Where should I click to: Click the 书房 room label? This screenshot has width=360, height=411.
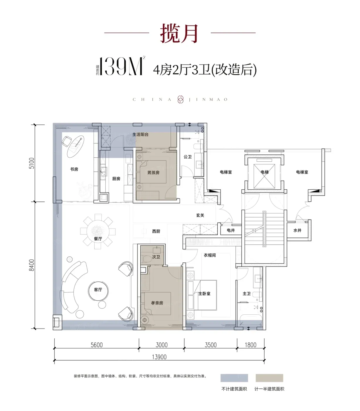[74, 169]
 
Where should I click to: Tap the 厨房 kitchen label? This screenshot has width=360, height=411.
[116, 179]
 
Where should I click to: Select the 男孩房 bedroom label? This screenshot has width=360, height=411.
[153, 173]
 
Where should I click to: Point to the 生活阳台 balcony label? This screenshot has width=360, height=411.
[140, 134]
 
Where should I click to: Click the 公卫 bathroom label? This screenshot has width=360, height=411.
[188, 157]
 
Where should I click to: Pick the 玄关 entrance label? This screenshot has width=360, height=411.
[200, 215]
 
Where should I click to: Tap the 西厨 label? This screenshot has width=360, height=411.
[156, 231]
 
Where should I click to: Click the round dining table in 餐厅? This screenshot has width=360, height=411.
[98, 231]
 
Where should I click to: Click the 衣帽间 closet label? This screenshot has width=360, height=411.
[210, 255]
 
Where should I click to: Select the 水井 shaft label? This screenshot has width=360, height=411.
[297, 230]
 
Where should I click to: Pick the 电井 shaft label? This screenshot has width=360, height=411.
[231, 230]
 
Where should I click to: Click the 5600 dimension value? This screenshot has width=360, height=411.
[97, 345]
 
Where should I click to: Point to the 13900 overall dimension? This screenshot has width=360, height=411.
[159, 357]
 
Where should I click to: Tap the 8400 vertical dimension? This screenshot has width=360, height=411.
[32, 265]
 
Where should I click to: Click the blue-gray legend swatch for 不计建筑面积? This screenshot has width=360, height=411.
[234, 378]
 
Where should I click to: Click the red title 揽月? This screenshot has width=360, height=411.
[179, 33]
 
